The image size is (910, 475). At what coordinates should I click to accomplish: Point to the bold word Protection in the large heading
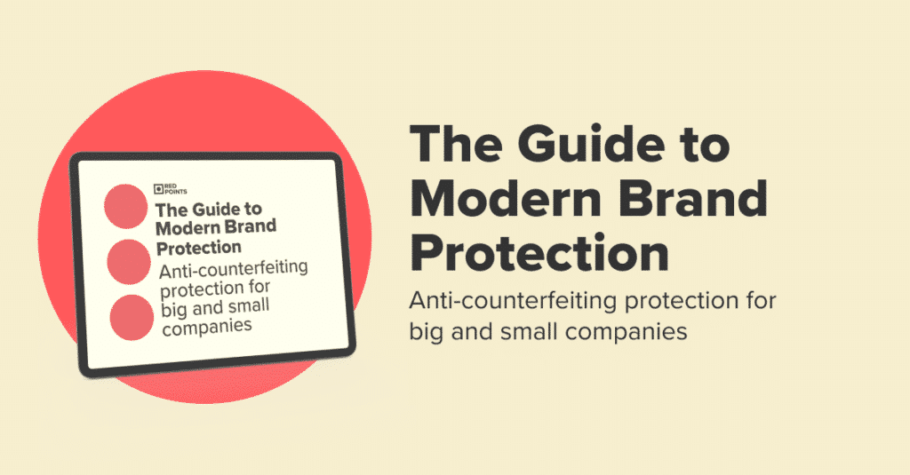click(539, 255)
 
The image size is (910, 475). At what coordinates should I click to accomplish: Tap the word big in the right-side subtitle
click(428, 333)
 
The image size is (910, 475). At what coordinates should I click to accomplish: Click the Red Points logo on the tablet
click(164, 188)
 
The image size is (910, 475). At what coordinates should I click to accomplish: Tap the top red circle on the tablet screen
click(125, 205)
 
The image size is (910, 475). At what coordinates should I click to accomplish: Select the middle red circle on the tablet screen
click(129, 260)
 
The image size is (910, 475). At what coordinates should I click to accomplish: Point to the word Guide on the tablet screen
click(214, 210)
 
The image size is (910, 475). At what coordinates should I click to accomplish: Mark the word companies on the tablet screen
click(206, 326)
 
